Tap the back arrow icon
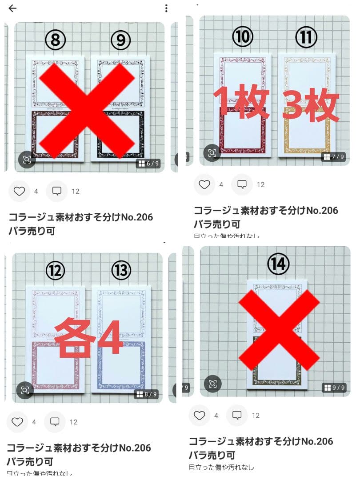12,8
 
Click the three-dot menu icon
166,8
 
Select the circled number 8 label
56,40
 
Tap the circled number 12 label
55,270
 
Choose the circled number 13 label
121,270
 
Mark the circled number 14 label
278,264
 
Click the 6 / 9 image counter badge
148,164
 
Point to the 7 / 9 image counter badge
333,157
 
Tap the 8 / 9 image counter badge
147,394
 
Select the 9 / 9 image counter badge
334,388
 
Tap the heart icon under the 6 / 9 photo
19,191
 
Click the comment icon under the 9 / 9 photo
237,416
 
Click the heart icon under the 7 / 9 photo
204,184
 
